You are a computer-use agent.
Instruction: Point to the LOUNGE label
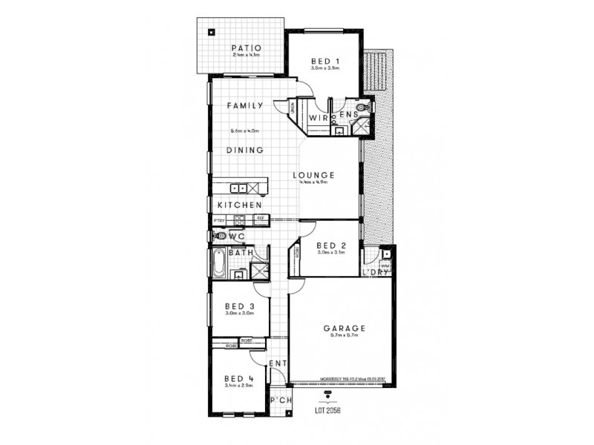[x=314, y=175]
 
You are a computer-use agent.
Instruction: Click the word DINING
[x=246, y=150]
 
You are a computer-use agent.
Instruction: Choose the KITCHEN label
[x=238, y=204]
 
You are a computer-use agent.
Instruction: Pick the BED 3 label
[x=240, y=305]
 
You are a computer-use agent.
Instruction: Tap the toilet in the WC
[x=219, y=237]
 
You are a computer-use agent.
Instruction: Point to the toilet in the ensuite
[x=361, y=110]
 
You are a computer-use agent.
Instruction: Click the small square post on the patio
[x=212, y=32]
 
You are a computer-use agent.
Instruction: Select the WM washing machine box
[x=385, y=264]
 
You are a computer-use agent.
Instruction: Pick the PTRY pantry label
[x=219, y=220]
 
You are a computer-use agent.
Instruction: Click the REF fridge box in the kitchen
[x=261, y=219]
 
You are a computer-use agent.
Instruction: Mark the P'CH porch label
[x=280, y=400]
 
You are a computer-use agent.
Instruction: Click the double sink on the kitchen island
[x=238, y=188]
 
